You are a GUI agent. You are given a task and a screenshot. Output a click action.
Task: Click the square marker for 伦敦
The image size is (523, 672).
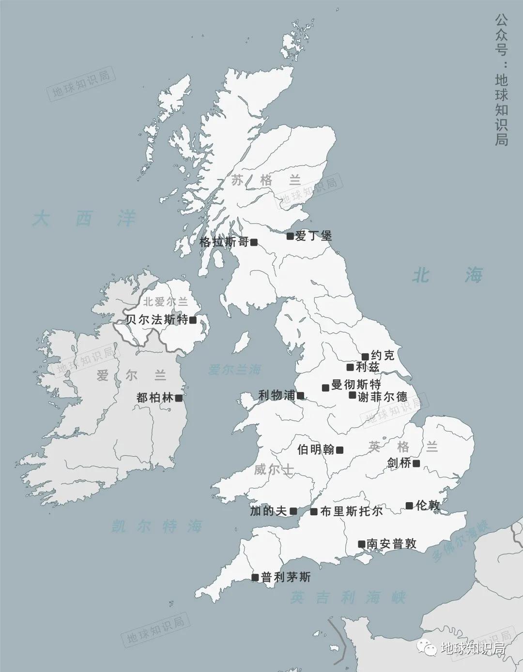point(409,506)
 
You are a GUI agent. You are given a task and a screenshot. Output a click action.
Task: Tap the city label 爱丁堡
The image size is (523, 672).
point(313,236)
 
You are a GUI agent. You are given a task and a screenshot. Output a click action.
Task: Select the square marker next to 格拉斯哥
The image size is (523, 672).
point(254,242)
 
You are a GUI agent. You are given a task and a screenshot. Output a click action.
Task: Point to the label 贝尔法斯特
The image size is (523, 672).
point(156,320)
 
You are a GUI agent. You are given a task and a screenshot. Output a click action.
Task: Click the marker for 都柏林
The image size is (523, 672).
point(179,398)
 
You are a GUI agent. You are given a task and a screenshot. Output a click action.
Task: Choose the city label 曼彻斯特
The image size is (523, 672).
point(356,385)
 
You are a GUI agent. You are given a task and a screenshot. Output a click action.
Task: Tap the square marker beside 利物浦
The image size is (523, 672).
point(300,396)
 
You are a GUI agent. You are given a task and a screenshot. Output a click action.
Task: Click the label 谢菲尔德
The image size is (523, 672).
point(383,397)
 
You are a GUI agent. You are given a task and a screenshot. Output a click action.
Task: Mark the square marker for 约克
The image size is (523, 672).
point(365,357)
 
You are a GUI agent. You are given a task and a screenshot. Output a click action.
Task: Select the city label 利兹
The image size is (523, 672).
point(368,367)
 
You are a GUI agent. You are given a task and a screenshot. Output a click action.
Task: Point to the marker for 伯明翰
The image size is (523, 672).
point(339,450)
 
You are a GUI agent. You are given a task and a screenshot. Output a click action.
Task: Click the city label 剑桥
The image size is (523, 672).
point(399,463)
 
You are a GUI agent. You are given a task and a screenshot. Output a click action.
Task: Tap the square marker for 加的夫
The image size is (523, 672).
point(293,511)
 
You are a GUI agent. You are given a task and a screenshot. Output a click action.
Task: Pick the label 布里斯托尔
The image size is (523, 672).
point(351,511)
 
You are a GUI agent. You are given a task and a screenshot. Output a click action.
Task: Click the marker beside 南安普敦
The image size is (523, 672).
point(361,544)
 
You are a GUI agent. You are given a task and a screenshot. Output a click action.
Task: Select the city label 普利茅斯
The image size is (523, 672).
point(286,577)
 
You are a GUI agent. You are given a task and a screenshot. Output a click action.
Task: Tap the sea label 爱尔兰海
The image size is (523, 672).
point(234,370)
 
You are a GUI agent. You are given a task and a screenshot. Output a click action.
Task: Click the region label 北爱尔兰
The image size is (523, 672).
point(165,302)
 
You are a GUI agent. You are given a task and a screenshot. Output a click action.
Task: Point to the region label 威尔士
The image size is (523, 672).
point(274,469)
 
